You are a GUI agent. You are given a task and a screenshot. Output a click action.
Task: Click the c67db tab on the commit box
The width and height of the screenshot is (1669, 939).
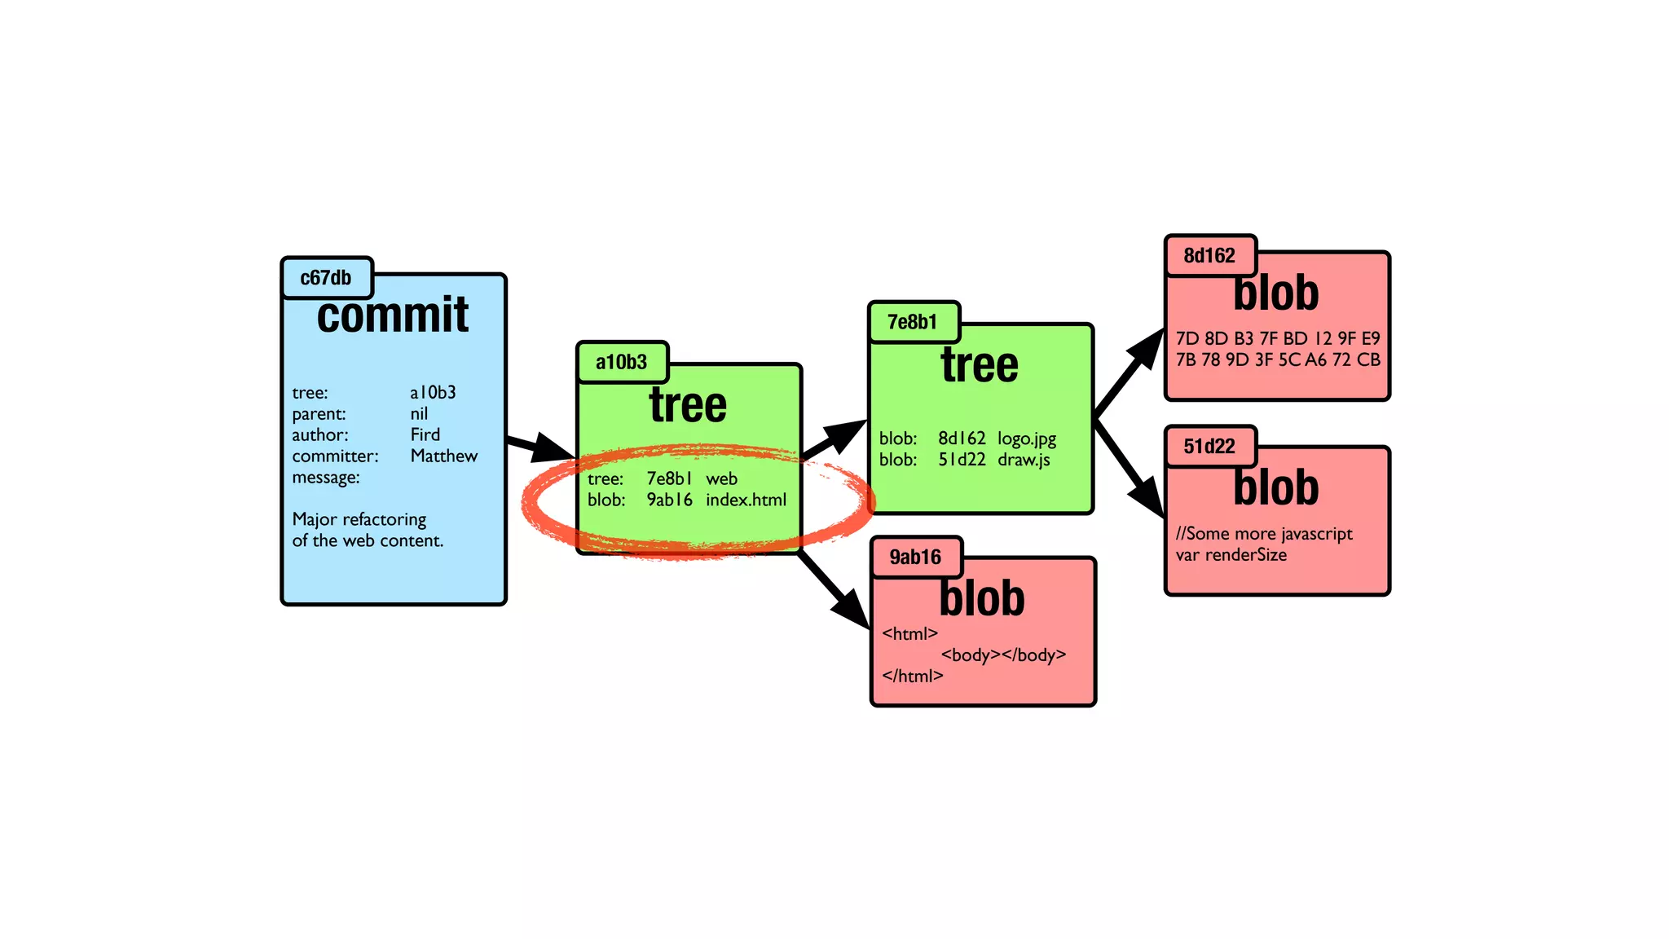tap(326, 278)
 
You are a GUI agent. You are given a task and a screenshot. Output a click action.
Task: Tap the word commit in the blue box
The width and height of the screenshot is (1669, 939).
tap(392, 315)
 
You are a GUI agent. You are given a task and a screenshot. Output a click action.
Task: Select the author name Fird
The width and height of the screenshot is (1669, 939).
tap(425, 434)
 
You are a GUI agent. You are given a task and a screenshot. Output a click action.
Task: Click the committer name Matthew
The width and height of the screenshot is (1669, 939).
tap(443, 456)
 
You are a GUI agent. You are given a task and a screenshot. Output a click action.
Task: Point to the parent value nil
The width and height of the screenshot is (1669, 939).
tap(418, 413)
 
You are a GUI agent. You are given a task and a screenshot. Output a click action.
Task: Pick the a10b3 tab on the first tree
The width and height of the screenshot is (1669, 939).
tap(621, 362)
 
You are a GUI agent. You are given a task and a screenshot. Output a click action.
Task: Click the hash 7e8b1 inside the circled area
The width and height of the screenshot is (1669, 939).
tap(669, 478)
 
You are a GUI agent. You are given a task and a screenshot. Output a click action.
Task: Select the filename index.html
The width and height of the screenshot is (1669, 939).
tap(746, 500)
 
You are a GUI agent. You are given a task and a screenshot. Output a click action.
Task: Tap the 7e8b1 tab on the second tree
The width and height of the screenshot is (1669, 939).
tap(912, 322)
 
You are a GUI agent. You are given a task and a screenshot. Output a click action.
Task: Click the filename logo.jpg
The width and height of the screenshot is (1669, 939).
tap(1026, 439)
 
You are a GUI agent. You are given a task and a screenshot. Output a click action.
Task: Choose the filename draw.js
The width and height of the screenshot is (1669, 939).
tap(1024, 460)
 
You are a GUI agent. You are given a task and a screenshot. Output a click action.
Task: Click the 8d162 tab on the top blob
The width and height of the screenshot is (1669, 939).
tap(1209, 256)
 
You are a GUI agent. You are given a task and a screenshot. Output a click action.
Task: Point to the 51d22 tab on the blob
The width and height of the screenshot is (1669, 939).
tap(1209, 447)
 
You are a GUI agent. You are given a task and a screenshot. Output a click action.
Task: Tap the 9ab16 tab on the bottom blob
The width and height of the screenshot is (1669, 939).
tap(914, 558)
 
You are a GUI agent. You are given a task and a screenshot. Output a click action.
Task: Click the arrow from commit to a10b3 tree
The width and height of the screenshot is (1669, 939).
tap(539, 446)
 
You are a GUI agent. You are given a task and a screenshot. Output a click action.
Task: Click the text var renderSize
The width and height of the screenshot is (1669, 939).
tap(1231, 555)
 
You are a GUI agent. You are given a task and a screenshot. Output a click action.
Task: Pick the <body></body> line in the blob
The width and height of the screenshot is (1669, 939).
tap(1002, 655)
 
